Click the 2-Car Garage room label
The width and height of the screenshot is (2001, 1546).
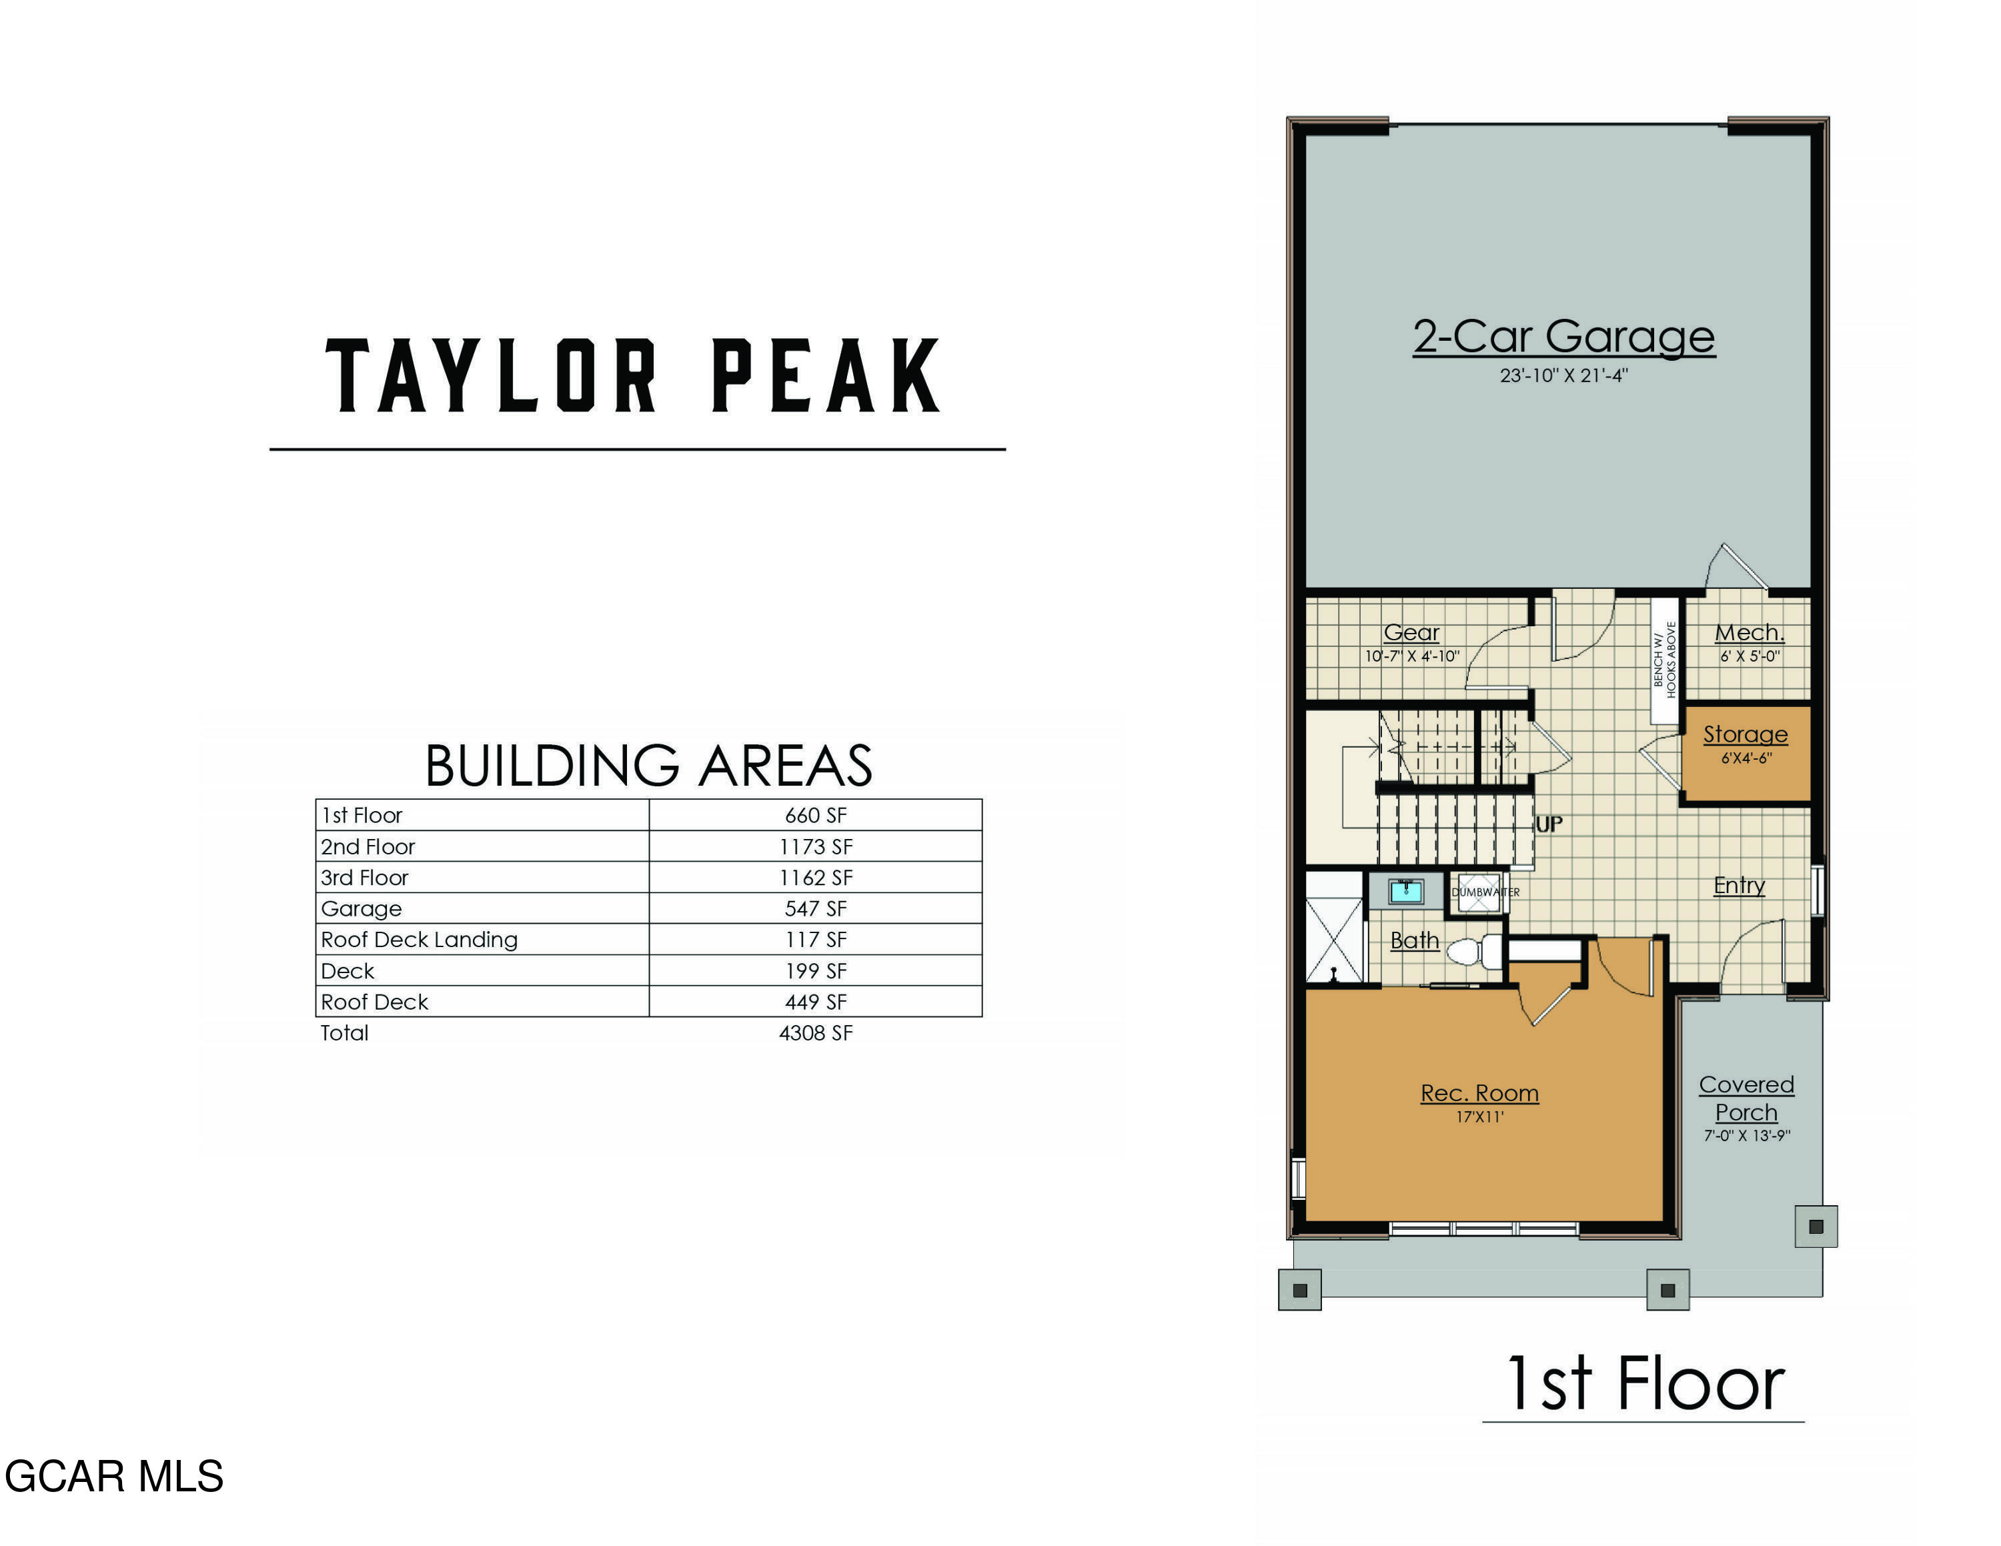coord(1563,337)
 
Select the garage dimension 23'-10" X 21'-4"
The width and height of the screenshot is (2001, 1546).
coord(1563,375)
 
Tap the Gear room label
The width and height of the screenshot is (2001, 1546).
coord(1411,632)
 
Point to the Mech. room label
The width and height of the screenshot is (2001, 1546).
coord(1749,633)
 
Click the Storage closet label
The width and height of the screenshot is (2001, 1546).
coord(1744,734)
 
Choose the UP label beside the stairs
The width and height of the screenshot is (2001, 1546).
coord(1549,824)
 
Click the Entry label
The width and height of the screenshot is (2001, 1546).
coord(1739,886)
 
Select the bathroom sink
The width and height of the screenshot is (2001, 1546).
coord(1405,890)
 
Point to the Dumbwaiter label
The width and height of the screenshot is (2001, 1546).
coord(1485,892)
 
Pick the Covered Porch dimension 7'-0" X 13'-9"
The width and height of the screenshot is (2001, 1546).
coord(1746,1136)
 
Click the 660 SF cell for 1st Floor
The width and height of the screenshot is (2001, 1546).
coord(816,815)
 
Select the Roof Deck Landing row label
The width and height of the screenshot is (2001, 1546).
coord(419,940)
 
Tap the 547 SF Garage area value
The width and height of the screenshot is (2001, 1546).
coord(816,908)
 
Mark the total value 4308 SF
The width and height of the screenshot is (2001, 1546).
coord(816,1033)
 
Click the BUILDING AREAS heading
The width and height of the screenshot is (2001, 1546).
coord(649,766)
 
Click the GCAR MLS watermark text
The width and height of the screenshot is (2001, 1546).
coord(113,1477)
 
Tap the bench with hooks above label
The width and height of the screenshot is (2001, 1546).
coord(1664,660)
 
